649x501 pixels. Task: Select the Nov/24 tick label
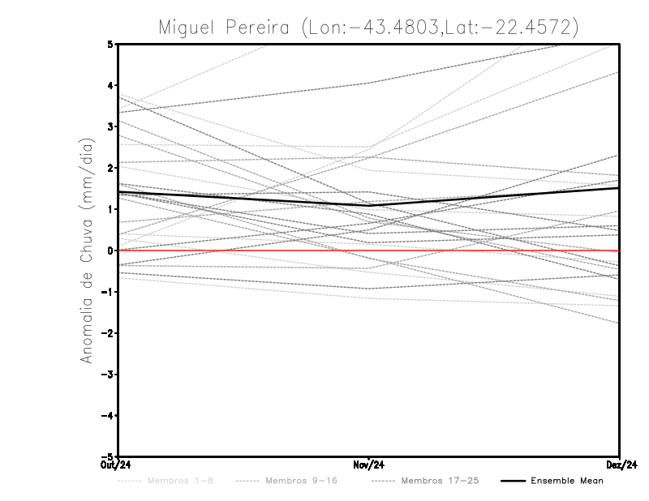(369, 465)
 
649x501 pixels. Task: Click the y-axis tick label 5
(110, 44)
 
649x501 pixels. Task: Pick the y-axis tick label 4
(110, 85)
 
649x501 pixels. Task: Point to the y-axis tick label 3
(110, 126)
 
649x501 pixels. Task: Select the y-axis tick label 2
(110, 168)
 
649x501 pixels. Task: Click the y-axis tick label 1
(110, 209)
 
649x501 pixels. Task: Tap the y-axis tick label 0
(110, 250)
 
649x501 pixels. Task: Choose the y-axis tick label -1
(108, 292)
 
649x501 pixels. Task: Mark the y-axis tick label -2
(108, 333)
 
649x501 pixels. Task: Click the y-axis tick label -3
(108, 375)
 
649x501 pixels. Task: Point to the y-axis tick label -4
(108, 416)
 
